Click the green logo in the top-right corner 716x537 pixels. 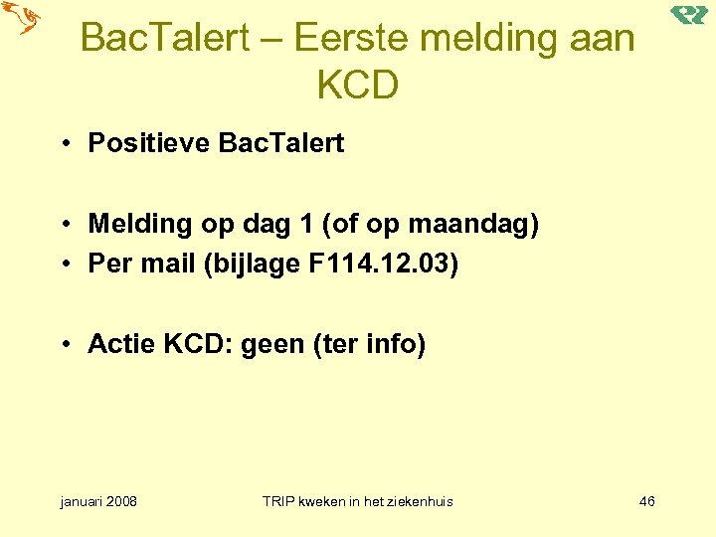[x=688, y=15]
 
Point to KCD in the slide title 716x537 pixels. [x=357, y=86]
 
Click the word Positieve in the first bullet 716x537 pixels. [x=149, y=143]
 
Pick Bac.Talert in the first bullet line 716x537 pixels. [x=280, y=143]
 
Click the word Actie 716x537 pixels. [x=122, y=345]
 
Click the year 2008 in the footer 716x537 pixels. [x=121, y=501]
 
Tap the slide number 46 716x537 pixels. [x=646, y=501]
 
